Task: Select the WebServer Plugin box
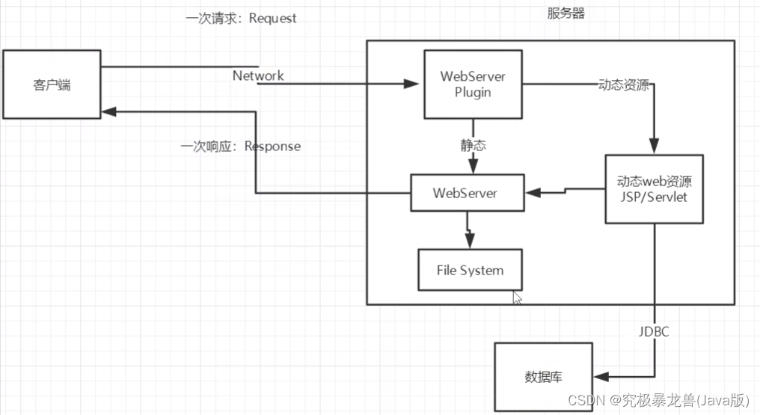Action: click(x=472, y=84)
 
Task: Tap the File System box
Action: click(x=470, y=270)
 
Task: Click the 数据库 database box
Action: click(x=543, y=377)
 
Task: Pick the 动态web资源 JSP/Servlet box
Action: click(x=654, y=189)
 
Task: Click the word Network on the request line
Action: click(x=258, y=76)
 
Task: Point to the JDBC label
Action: click(x=654, y=330)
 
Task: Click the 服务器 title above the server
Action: click(x=566, y=13)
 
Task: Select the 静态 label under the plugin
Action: click(x=473, y=145)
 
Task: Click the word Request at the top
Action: click(x=272, y=18)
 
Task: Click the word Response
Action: click(x=272, y=146)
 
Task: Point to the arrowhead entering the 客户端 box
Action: click(x=108, y=111)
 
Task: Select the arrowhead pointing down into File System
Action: click(x=470, y=242)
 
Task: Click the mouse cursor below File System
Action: click(x=517, y=298)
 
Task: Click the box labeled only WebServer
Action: click(x=465, y=193)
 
